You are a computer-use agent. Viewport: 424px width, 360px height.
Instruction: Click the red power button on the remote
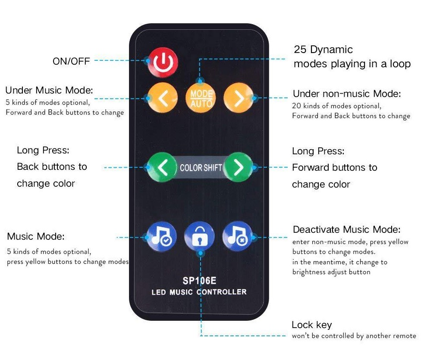(x=163, y=63)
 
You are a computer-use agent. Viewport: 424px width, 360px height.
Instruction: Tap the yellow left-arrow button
(x=162, y=98)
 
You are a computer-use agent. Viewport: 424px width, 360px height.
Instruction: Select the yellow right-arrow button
(x=238, y=98)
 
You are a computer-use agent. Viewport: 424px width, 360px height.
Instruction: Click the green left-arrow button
(x=162, y=167)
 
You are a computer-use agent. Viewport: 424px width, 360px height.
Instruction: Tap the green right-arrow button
(x=239, y=167)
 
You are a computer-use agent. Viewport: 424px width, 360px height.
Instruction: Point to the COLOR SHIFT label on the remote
(x=201, y=167)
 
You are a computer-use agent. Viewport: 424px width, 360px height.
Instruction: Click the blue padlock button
(x=199, y=237)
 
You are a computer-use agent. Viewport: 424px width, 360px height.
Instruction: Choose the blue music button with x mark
(x=237, y=237)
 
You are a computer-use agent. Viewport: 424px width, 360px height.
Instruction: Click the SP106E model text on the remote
(x=199, y=281)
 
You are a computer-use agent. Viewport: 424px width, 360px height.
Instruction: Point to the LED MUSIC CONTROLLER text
(x=199, y=292)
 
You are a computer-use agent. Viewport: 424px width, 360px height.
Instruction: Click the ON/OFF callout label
(x=71, y=61)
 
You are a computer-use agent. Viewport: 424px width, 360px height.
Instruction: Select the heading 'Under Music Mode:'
(x=49, y=91)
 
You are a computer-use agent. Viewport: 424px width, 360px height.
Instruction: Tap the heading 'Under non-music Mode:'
(x=347, y=94)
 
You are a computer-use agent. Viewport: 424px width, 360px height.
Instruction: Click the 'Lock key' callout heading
(x=311, y=325)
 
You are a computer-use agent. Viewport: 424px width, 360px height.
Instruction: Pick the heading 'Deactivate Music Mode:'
(x=346, y=230)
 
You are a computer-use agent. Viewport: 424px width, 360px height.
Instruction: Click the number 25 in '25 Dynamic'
(x=300, y=50)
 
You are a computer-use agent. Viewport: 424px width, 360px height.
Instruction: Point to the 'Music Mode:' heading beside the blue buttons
(x=35, y=237)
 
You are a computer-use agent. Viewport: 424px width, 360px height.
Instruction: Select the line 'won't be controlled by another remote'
(x=354, y=336)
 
